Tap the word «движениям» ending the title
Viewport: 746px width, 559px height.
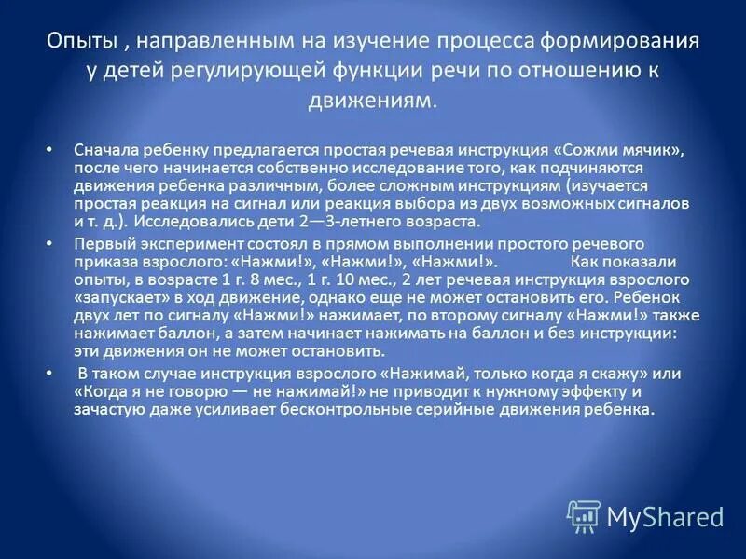point(372,100)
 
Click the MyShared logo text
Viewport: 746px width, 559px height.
point(665,515)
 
